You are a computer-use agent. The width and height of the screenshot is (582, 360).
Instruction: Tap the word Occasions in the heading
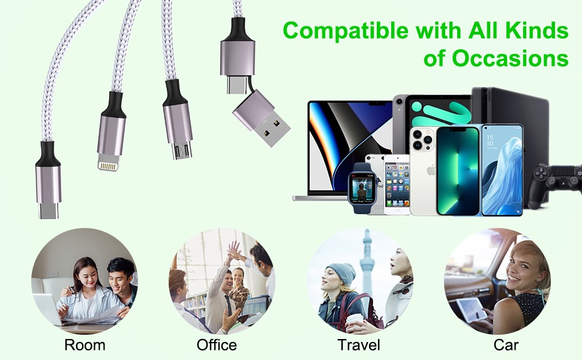(x=510, y=58)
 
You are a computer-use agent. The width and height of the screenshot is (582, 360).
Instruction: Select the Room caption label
(x=85, y=345)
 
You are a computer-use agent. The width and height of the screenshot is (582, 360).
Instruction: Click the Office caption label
(x=217, y=345)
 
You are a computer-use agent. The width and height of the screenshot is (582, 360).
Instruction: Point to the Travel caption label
(x=359, y=345)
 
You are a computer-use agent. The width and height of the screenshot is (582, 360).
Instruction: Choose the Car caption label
(x=506, y=345)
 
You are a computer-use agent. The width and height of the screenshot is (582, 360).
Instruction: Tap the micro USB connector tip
(x=182, y=150)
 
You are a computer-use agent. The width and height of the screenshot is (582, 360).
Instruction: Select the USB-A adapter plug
(x=262, y=119)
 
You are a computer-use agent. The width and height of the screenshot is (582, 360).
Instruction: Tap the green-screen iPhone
(x=458, y=171)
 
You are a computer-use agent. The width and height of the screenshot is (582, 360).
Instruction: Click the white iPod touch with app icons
(x=397, y=184)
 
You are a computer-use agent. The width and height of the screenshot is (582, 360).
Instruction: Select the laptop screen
(x=350, y=146)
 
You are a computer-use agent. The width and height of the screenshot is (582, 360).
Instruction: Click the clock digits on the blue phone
(x=490, y=140)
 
